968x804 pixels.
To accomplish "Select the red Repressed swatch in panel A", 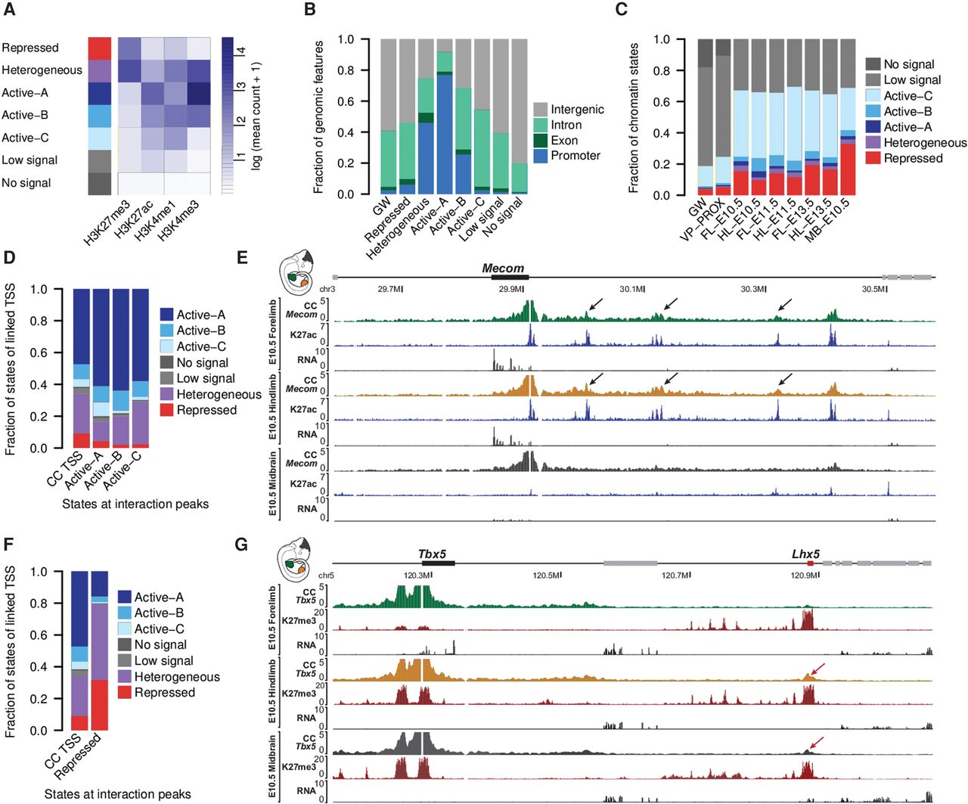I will click(99, 48).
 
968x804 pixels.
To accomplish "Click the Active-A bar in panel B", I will click(445, 117).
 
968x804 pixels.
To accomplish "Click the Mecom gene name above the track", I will click(503, 269).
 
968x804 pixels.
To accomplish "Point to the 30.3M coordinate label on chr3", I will click(753, 289).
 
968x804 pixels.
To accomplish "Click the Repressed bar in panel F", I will click(100, 650).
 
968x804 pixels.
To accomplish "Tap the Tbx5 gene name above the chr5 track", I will click(432, 554).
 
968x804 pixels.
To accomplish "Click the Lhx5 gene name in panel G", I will click(805, 554).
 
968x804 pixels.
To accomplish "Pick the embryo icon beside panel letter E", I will click(297, 275).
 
